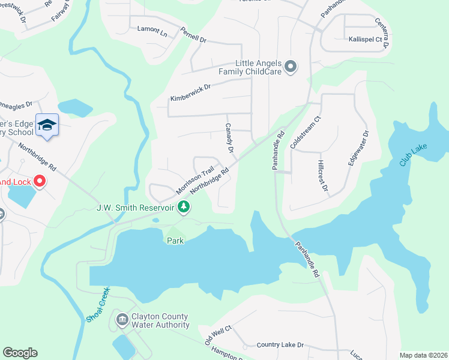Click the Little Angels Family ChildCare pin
291,66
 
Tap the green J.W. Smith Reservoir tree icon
184,208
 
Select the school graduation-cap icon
47,125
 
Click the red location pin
40,180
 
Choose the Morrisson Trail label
195,180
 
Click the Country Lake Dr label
280,345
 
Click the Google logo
20,353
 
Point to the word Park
175,241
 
